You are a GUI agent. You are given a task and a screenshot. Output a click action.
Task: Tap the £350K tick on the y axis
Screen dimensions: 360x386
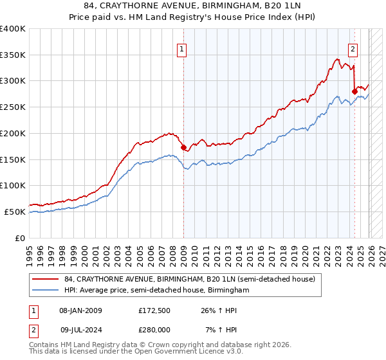coord(13,55)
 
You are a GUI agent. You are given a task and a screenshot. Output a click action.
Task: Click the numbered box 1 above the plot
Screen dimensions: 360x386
coord(182,48)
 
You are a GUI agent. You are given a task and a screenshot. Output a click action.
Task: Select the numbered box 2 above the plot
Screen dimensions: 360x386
coord(353,48)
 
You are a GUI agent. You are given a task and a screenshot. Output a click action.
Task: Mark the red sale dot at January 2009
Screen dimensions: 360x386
coord(183,147)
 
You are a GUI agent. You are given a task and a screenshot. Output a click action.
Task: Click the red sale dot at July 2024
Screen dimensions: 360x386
coord(354,91)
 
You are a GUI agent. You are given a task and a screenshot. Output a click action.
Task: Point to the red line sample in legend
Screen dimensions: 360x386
coord(45,280)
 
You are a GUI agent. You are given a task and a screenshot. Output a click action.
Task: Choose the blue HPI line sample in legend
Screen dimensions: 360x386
coord(45,291)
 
